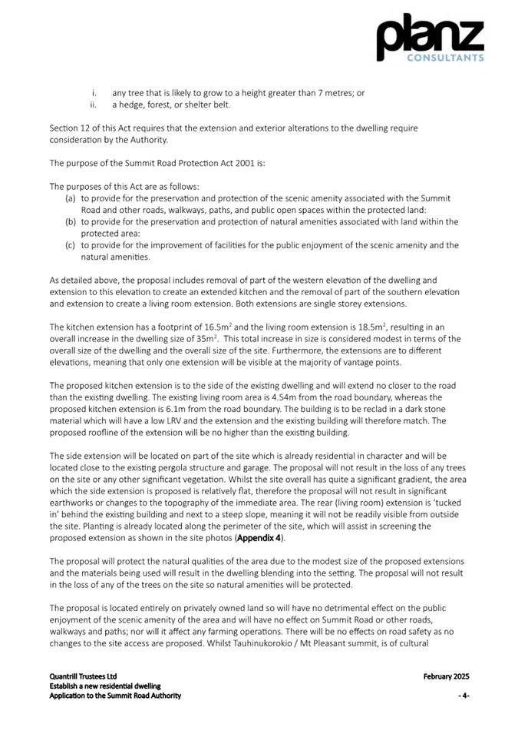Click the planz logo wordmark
pyautogui.click(x=429, y=35)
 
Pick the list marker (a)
pyautogui.click(x=70, y=198)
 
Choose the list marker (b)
pyautogui.click(x=70, y=222)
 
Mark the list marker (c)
pyautogui.click(x=70, y=245)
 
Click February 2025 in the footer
pyautogui.click(x=446, y=677)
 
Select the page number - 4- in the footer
pyautogui.click(x=464, y=696)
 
